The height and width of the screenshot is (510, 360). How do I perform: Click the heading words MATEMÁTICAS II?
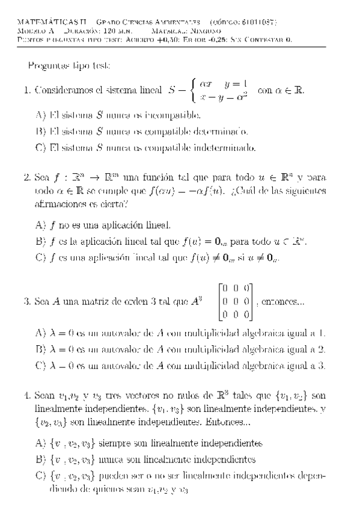43,22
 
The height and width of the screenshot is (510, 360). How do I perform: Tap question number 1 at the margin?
26,91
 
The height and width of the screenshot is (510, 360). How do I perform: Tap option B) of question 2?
41,242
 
